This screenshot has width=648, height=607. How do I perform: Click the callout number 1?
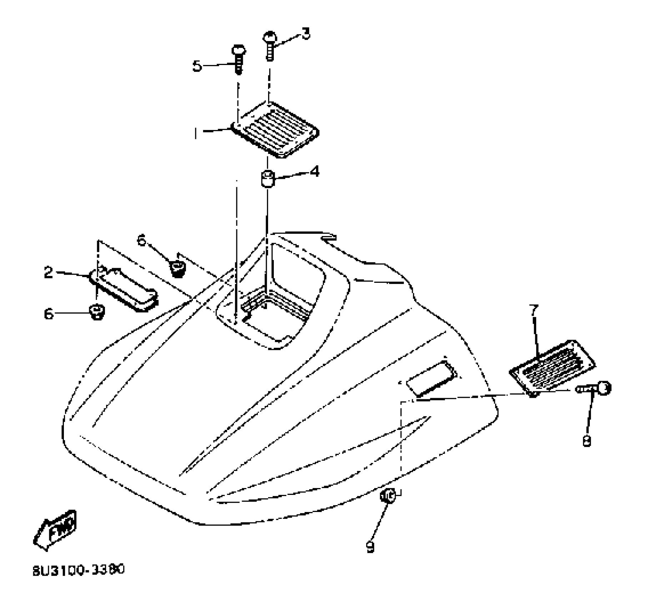[196, 134]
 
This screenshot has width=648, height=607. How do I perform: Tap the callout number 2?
[49, 273]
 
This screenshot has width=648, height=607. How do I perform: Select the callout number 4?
[314, 172]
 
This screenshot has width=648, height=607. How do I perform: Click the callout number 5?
[197, 66]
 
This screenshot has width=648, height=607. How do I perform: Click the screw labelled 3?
[270, 46]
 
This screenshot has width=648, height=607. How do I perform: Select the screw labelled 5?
[238, 59]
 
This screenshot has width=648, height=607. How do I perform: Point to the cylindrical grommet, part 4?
[267, 179]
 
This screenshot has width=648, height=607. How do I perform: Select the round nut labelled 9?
[388, 496]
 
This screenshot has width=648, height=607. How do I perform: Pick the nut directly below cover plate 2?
[96, 312]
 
